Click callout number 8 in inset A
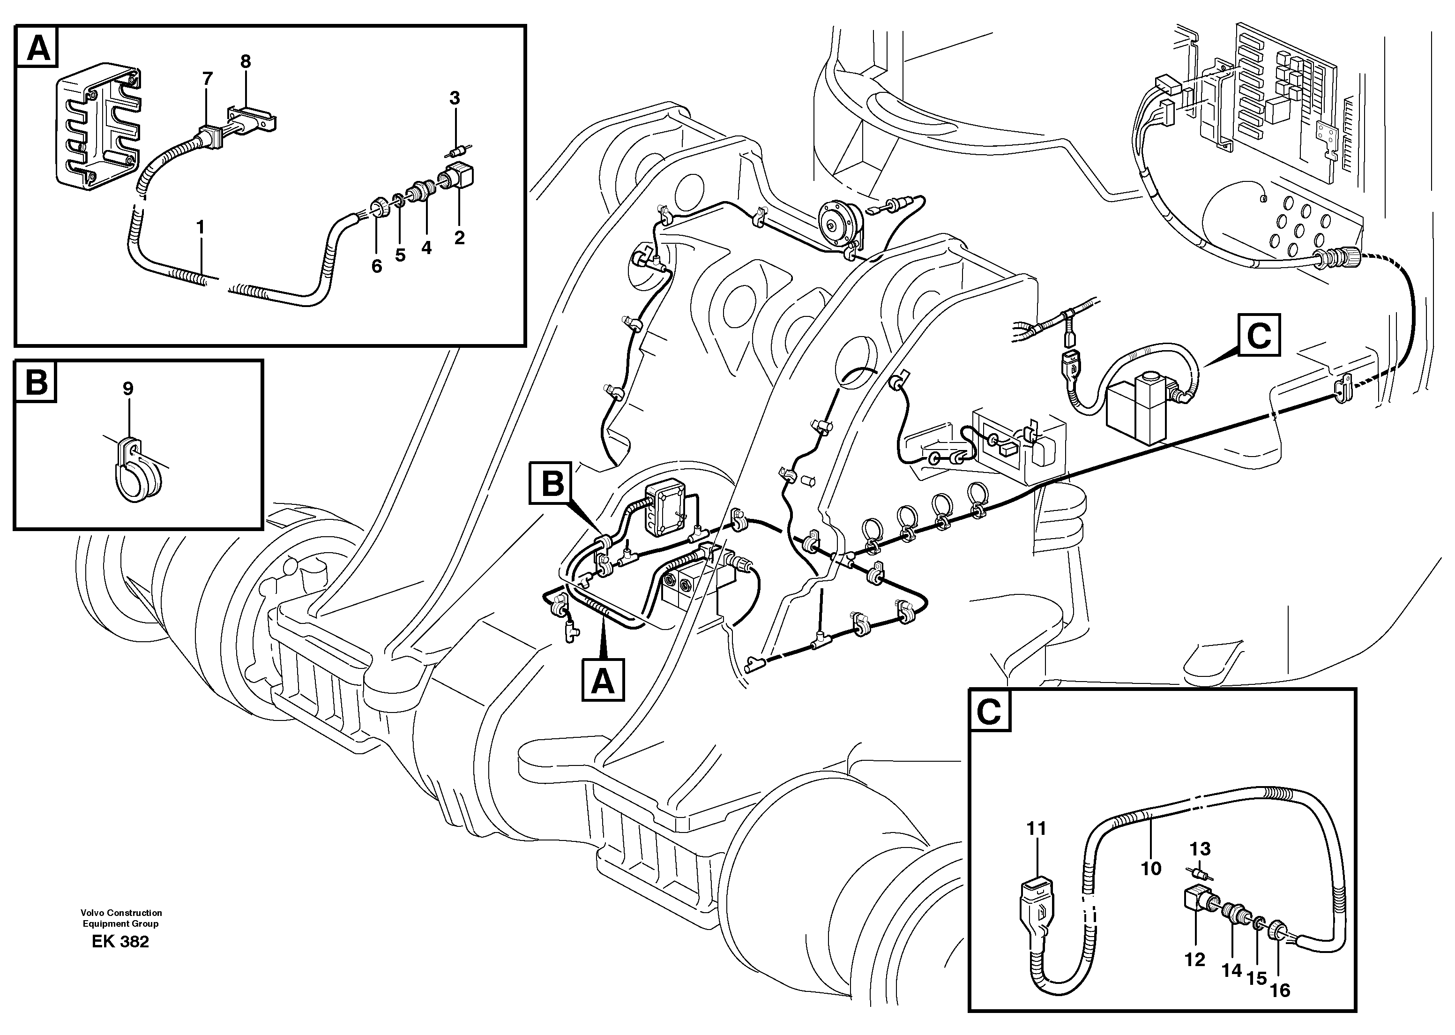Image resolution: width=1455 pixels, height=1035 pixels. (245, 62)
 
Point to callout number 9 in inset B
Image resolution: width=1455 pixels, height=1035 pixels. (128, 388)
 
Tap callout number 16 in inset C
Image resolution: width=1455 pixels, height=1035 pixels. (1280, 990)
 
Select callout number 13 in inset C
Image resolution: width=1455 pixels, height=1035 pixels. (1200, 849)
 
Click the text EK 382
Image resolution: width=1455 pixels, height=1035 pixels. (120, 942)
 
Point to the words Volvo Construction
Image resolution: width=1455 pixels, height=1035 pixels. (121, 913)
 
